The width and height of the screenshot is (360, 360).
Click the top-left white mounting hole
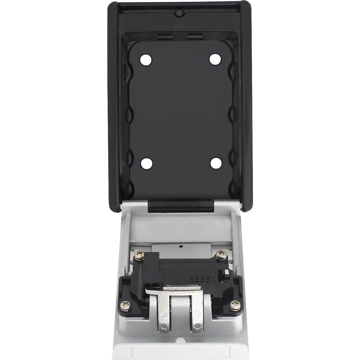[x=145, y=59]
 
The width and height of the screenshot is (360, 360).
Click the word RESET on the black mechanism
[x=202, y=279]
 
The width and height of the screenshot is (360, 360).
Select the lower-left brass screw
[x=124, y=306]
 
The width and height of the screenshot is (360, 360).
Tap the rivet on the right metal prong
[x=197, y=331]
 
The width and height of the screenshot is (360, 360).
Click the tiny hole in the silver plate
[x=181, y=246]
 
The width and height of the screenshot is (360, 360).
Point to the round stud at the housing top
[x=179, y=13]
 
